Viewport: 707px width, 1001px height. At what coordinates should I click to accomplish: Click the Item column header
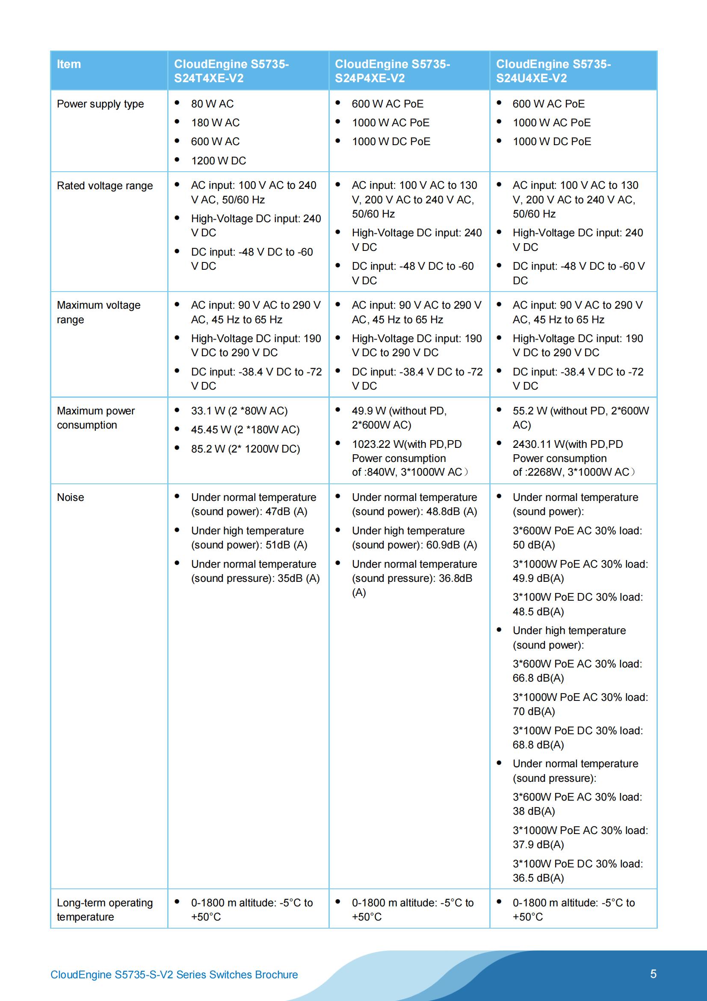click(69, 65)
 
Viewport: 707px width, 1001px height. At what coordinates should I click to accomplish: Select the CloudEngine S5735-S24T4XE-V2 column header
click(231, 71)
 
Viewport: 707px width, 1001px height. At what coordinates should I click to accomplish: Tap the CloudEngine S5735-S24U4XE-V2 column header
click(553, 71)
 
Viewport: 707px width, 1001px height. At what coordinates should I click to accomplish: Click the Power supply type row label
click(100, 104)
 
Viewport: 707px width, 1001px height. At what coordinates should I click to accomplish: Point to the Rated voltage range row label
click(104, 186)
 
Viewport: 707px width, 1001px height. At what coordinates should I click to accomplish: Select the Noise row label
click(71, 498)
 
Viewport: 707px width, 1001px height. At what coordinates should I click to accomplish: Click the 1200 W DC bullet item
click(218, 161)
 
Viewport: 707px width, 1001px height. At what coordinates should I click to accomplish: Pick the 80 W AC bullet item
click(212, 104)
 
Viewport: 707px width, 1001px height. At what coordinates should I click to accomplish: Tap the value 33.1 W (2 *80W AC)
click(239, 411)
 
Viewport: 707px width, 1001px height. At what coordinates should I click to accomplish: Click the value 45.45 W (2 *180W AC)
click(245, 430)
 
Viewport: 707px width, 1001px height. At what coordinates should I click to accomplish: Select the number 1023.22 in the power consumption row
click(371, 444)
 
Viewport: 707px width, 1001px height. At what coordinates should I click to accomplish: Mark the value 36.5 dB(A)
click(538, 878)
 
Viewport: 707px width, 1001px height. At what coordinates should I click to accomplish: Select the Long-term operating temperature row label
click(104, 909)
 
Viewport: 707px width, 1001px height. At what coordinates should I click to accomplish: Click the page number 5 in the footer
click(653, 974)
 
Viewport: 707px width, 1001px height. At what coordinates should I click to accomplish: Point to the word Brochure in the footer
click(276, 974)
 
